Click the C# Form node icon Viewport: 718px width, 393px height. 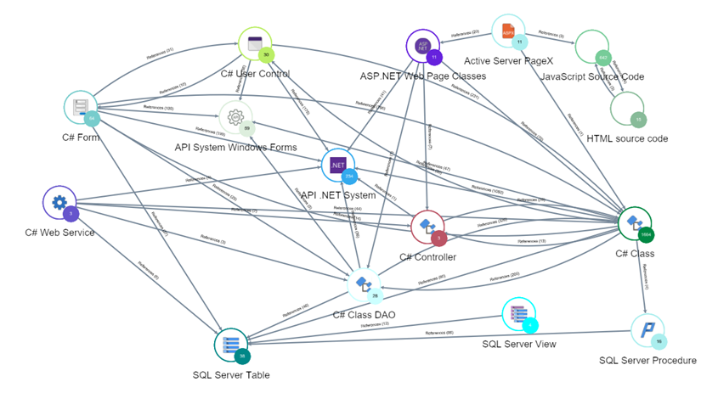(81, 107)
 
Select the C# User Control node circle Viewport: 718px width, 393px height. (254, 44)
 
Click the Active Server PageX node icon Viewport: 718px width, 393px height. (508, 31)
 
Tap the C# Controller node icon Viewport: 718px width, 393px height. (427, 227)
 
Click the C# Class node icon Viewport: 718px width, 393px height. (634, 223)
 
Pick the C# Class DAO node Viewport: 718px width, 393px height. (364, 284)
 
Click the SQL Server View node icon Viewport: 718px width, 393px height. (518, 314)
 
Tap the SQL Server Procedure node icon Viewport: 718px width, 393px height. (647, 330)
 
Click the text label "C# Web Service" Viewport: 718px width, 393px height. (59, 233)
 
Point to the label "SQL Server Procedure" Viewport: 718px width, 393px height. (647, 361)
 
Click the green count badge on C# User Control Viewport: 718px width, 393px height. (267, 55)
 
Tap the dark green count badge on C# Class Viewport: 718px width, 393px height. (646, 234)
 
